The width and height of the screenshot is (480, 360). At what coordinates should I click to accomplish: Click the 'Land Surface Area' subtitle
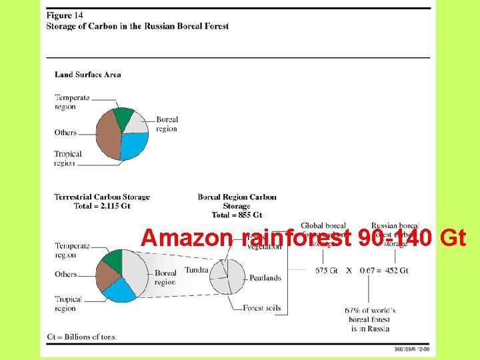(87, 75)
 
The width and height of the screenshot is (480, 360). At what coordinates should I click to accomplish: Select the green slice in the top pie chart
(124, 116)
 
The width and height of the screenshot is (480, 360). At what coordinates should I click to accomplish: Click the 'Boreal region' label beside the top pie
(167, 124)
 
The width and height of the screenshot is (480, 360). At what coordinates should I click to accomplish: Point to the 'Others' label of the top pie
(65, 133)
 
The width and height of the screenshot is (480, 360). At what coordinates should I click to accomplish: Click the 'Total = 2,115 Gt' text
(102, 206)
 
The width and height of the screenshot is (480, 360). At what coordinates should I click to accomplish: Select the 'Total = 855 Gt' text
(237, 215)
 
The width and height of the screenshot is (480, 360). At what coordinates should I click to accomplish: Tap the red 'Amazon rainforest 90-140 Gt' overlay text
(303, 238)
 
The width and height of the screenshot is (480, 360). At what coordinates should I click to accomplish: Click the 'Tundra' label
(196, 270)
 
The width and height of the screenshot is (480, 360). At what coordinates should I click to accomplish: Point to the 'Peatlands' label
(265, 278)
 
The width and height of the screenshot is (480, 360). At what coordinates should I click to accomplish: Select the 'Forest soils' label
(262, 308)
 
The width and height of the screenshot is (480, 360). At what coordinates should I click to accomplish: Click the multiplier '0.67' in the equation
(366, 271)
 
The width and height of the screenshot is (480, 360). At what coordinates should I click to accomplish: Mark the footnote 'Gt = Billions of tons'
(81, 336)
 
